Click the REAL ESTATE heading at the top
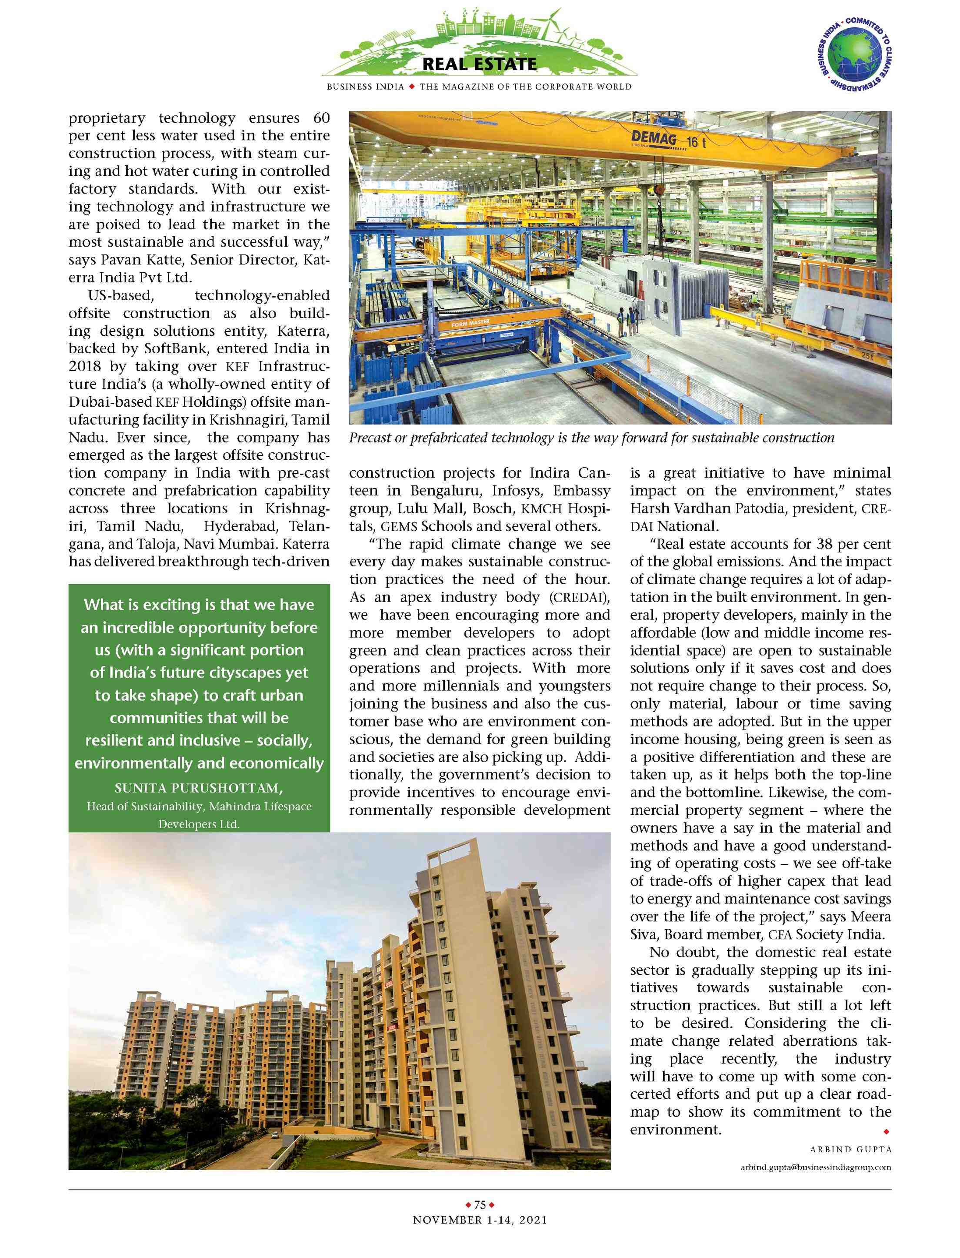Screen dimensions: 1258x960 [x=480, y=64]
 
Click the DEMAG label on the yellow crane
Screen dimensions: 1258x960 [x=654, y=138]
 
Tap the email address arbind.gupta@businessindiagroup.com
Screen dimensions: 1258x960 [x=815, y=1167]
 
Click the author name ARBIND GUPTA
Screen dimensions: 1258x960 [x=850, y=1149]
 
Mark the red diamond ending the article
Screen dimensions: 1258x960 [x=886, y=1131]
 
